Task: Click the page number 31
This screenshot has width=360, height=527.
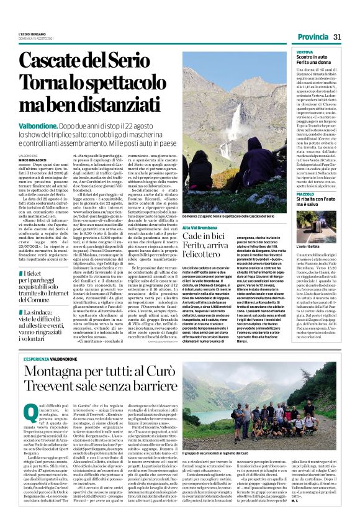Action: (x=338, y=37)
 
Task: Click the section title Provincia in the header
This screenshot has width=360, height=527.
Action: (x=312, y=37)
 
